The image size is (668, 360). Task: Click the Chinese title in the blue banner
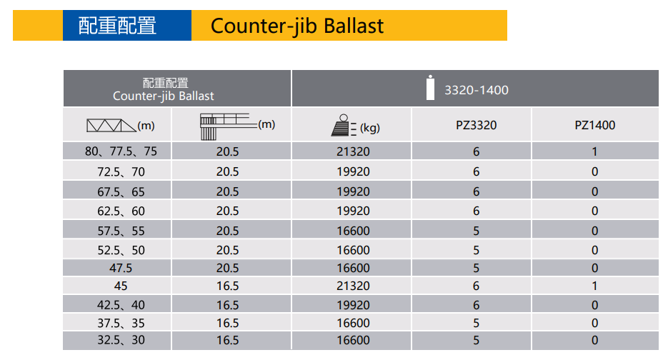point(117,26)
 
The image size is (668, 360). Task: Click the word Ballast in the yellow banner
point(354,26)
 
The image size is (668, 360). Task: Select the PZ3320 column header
point(476,125)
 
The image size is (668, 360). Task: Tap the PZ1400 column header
point(594,125)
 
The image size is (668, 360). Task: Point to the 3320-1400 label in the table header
point(477,90)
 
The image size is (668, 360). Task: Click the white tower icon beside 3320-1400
point(430,88)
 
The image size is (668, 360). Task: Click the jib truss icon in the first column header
point(111,125)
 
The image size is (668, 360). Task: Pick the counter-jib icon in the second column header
point(229,126)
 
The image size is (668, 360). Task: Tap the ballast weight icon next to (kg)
point(344,125)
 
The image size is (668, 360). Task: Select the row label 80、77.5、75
point(121,151)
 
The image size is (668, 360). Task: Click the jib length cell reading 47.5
point(121,268)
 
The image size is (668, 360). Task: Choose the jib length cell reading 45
point(121,286)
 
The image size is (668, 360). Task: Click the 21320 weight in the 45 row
point(353,286)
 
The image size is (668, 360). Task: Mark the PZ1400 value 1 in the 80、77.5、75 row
point(594,151)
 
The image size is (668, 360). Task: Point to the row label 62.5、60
point(121,211)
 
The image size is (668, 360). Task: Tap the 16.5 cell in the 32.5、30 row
point(227,340)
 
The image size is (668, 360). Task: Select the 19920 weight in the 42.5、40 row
point(353,305)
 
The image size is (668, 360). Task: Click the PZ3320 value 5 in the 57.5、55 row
point(476,231)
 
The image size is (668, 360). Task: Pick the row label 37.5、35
point(121,323)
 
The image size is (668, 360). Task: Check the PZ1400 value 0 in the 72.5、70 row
point(594,171)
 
